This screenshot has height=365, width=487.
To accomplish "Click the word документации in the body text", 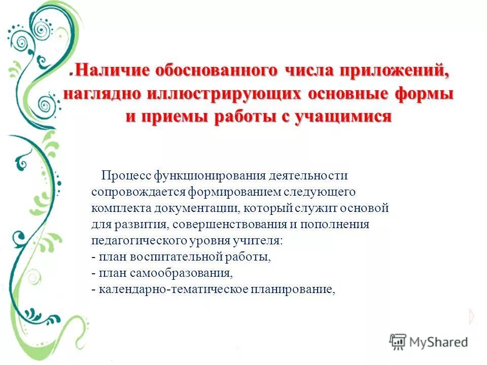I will click(198, 208).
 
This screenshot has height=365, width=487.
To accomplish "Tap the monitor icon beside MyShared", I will click(398, 342).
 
